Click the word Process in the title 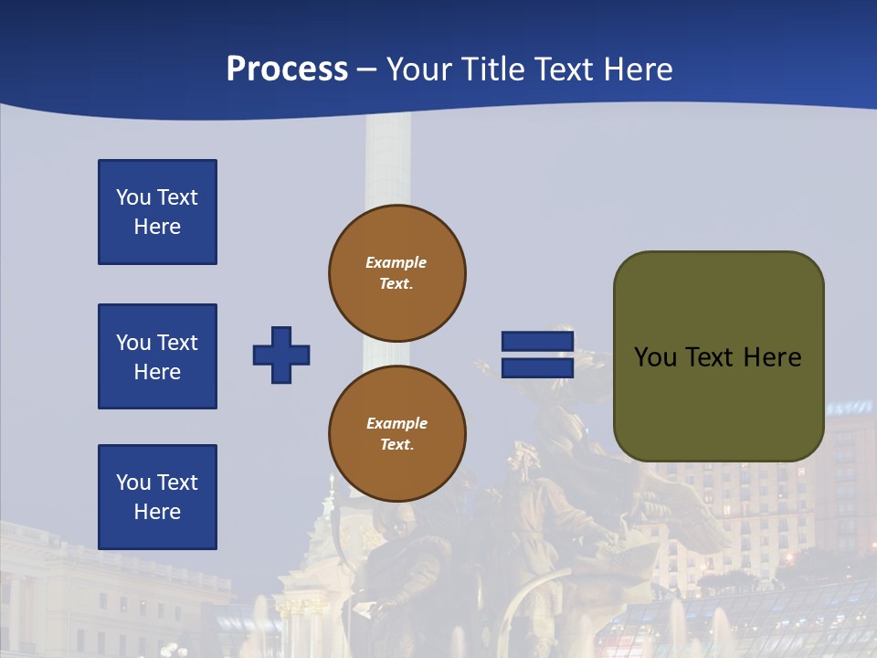click(x=287, y=69)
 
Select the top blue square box click(x=157, y=212)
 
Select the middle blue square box click(x=157, y=356)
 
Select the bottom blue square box click(x=157, y=497)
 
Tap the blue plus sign click(x=281, y=355)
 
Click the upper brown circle click(x=396, y=272)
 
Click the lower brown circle click(x=396, y=433)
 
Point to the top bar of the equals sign click(x=537, y=342)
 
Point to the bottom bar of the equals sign click(x=537, y=367)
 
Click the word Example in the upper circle click(x=396, y=262)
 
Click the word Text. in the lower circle click(x=396, y=445)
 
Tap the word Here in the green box click(x=772, y=356)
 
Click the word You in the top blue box click(x=132, y=197)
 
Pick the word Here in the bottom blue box click(x=157, y=512)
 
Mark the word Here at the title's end click(x=638, y=69)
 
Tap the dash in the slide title click(x=366, y=70)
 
